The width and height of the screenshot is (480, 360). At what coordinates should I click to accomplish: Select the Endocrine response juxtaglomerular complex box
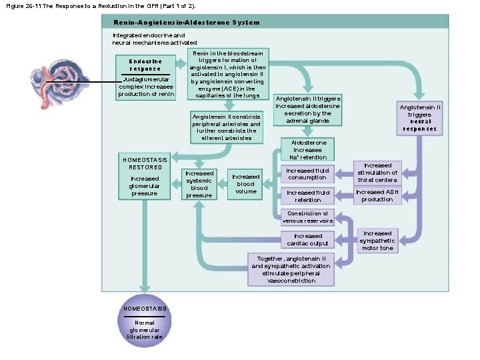(x=145, y=77)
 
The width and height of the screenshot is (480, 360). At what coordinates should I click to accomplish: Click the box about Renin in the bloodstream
(x=227, y=75)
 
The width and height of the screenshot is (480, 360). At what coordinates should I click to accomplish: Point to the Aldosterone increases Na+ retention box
(x=307, y=150)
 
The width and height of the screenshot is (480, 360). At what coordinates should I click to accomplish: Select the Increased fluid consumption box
(x=307, y=174)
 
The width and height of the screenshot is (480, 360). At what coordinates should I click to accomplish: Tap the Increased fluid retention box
(x=307, y=195)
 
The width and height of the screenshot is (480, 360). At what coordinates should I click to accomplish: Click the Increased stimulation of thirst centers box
(x=377, y=172)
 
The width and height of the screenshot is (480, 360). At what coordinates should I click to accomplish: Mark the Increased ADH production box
(x=377, y=195)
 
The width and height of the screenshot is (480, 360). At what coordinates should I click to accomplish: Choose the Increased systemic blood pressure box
(x=199, y=184)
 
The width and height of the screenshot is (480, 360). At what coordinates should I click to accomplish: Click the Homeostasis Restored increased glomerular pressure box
(x=145, y=177)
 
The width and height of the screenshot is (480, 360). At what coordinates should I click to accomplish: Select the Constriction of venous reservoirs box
(x=307, y=217)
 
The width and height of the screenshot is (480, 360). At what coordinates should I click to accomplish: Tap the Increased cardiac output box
(x=307, y=239)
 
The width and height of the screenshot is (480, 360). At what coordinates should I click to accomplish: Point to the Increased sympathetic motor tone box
(x=377, y=241)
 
